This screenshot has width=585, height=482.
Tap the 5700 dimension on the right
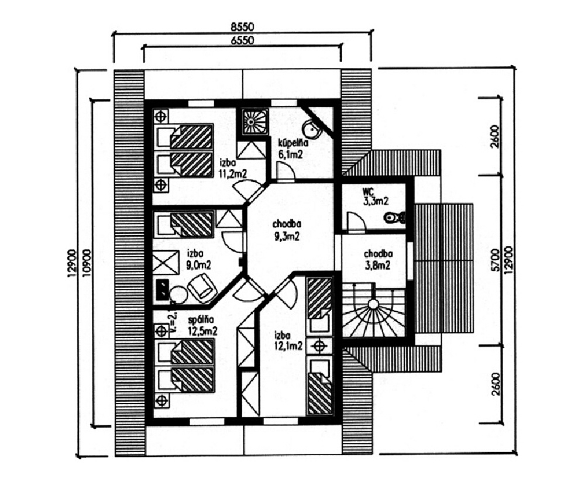click(495, 259)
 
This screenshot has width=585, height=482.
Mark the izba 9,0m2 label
click(199, 259)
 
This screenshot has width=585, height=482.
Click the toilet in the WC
click(395, 218)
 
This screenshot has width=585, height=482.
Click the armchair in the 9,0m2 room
click(201, 288)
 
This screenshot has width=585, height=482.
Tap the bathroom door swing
click(285, 171)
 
